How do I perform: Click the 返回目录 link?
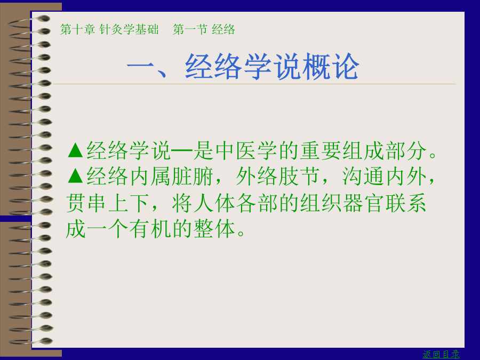441,354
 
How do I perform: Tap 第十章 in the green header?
77,29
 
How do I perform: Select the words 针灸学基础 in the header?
129,29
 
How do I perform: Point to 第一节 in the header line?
190,29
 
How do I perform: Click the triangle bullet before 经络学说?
75,150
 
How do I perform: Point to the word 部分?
406,150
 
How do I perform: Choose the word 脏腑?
192,177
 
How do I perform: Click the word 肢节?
299,177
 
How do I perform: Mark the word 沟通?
363,177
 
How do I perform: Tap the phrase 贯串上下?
108,203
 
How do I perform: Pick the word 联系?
405,203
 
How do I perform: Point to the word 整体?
214,229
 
